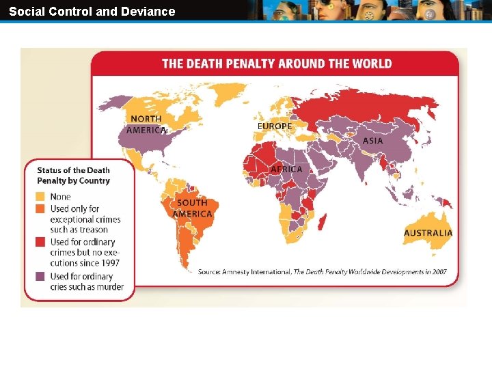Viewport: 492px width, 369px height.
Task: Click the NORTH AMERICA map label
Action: (x=146, y=124)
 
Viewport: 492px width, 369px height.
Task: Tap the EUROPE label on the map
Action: (x=274, y=126)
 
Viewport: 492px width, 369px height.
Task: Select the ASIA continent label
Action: (x=372, y=140)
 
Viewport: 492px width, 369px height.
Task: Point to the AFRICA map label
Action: (x=286, y=169)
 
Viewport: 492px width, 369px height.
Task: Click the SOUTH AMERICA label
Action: (x=192, y=208)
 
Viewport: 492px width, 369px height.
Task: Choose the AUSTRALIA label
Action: (x=428, y=232)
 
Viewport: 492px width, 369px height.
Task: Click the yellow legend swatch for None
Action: (x=42, y=197)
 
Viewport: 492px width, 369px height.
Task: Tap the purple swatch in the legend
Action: (x=42, y=276)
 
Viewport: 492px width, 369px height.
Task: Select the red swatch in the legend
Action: (x=42, y=242)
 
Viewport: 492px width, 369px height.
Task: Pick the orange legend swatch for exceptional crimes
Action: (x=42, y=208)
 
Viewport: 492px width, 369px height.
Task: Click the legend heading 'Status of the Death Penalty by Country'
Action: (x=73, y=176)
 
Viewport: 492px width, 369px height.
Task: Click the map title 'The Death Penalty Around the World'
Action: (x=277, y=64)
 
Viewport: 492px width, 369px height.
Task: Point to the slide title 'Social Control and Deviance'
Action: (x=92, y=11)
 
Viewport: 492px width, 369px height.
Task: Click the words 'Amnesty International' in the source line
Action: (x=257, y=271)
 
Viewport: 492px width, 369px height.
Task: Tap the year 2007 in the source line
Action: (x=437, y=271)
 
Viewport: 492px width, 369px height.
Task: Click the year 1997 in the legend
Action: (x=109, y=263)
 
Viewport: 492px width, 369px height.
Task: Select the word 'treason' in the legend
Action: (x=93, y=230)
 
